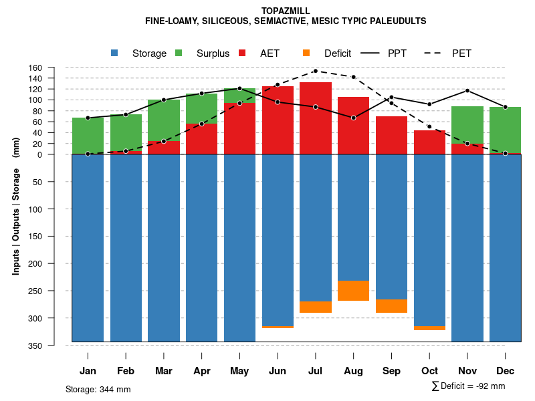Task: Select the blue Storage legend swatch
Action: pyautogui.click(x=114, y=53)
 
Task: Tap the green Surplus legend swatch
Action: pyautogui.click(x=179, y=53)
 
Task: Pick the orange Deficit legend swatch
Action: pyautogui.click(x=306, y=53)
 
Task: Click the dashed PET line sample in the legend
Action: pyautogui.click(x=435, y=53)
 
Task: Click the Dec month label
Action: pyautogui.click(x=506, y=371)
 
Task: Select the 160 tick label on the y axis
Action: pyautogui.click(x=54, y=68)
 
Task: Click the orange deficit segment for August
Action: pyautogui.click(x=354, y=291)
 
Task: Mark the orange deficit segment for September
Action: pyautogui.click(x=392, y=306)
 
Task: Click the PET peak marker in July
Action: pyautogui.click(x=316, y=71)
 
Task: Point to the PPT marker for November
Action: pyautogui.click(x=467, y=90)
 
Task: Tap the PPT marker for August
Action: pyautogui.click(x=354, y=118)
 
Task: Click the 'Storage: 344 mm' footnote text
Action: pyautogui.click(x=98, y=390)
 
